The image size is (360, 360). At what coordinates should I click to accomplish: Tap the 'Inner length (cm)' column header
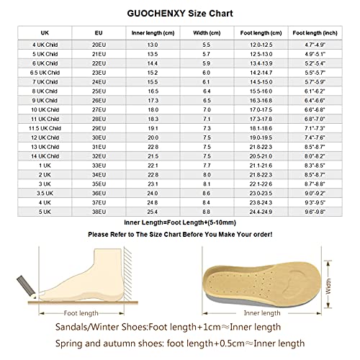pyautogui.click(x=153, y=32)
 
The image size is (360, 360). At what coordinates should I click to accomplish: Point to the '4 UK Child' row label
pyautogui.click(x=48, y=45)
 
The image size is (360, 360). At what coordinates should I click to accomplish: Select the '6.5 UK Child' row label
pyautogui.click(x=48, y=73)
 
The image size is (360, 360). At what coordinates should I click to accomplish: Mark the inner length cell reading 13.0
pyautogui.click(x=153, y=45)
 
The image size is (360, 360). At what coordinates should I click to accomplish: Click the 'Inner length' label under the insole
pyautogui.click(x=259, y=313)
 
